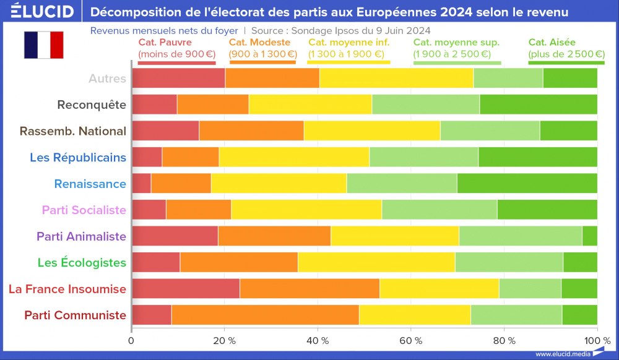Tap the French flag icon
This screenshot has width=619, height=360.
pos(43,45)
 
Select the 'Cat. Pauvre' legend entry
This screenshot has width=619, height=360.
pos(176,48)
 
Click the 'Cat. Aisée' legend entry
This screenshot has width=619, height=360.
pos(566,48)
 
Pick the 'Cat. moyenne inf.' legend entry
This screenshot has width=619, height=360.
pos(348,48)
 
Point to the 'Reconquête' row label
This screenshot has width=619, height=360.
pos(92,105)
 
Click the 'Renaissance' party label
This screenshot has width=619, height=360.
pos(90,184)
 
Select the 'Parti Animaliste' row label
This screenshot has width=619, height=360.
pos(81,236)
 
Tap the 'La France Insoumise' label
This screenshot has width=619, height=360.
pos(67,289)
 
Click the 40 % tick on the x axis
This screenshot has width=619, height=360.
pos(318,340)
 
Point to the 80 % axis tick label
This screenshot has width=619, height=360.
pos(503,340)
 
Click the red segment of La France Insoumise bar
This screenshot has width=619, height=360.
pos(186,289)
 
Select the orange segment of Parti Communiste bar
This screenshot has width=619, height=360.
pos(265,315)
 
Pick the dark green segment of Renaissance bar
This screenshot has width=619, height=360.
pos(527,184)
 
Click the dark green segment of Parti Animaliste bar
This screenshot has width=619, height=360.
pos(589,236)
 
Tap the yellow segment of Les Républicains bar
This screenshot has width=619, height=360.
pos(294,157)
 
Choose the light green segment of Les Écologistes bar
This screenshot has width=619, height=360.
pos(509,262)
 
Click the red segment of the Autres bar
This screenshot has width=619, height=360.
pos(178,79)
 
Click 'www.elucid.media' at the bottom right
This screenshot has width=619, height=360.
pos(562,354)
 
